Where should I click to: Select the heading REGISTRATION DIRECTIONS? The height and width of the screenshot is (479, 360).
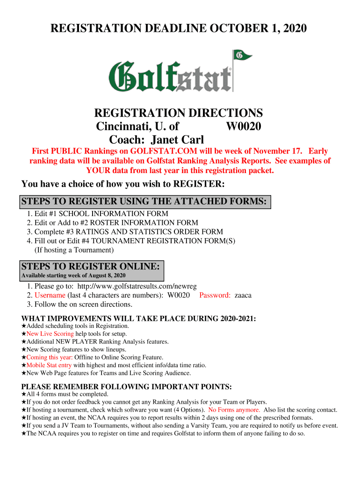tap(178, 113)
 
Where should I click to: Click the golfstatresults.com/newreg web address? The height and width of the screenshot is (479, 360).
tap(137, 286)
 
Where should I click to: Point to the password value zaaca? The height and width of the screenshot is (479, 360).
tap(243, 295)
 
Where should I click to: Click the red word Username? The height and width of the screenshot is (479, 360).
tap(50, 295)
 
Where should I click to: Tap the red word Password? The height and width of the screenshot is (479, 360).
tap(215, 295)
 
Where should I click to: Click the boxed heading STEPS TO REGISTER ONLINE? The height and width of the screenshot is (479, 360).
tap(92, 267)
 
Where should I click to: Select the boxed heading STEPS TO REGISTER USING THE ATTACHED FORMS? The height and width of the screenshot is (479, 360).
tap(144, 202)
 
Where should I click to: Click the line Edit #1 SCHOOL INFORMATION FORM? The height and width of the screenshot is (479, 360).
tap(101, 214)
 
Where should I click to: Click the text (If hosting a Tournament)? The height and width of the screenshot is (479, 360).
tap(74, 250)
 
